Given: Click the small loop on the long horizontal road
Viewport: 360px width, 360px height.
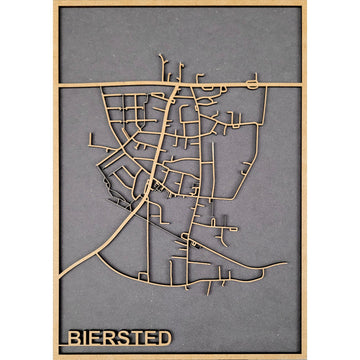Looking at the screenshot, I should pos(254,79).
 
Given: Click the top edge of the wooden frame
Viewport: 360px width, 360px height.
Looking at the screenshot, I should pos(180,3).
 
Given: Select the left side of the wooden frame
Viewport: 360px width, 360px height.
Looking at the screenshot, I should pos(56,180).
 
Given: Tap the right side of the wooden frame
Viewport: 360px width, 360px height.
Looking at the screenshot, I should pos(304,180).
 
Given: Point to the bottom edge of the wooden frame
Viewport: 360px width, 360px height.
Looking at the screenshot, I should pos(180,356).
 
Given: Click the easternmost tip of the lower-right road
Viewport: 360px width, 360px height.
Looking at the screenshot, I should pos(286,264).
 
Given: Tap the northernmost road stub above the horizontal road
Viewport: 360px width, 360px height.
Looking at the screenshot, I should pos(161,57).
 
